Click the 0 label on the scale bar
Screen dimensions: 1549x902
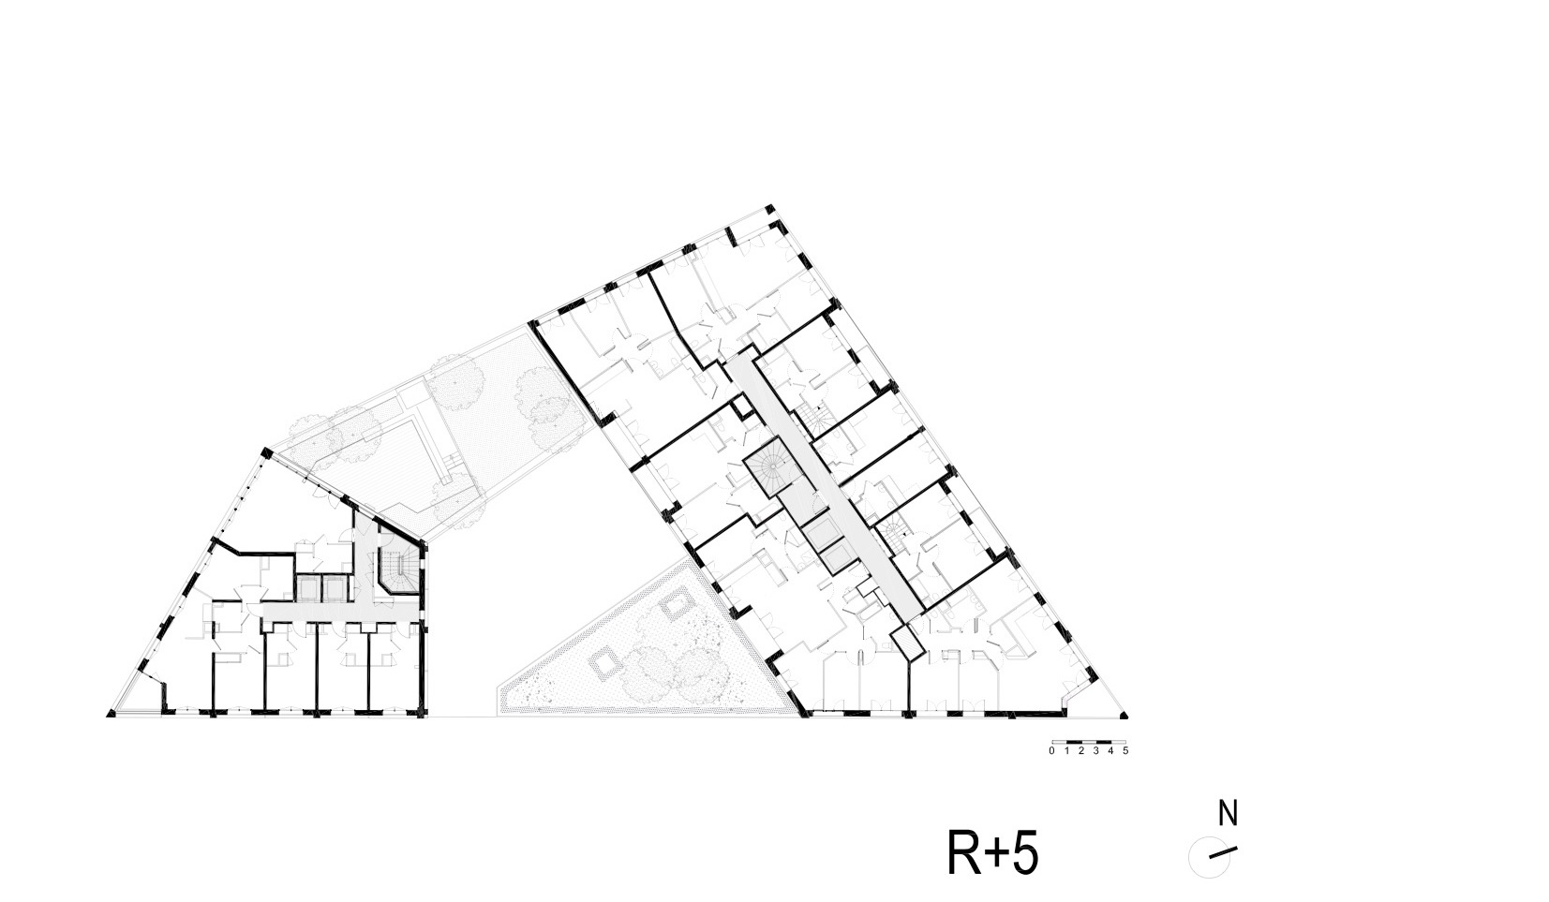1051,751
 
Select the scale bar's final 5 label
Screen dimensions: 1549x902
1125,751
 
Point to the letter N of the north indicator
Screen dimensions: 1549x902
1228,814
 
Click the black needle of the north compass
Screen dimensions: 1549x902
1223,852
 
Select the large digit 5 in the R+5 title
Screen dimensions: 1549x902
1025,853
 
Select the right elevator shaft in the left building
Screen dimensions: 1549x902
333,588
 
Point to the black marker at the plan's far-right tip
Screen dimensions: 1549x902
1125,716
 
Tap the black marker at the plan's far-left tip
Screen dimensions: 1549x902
111,715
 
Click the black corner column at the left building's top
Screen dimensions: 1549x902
265,451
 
